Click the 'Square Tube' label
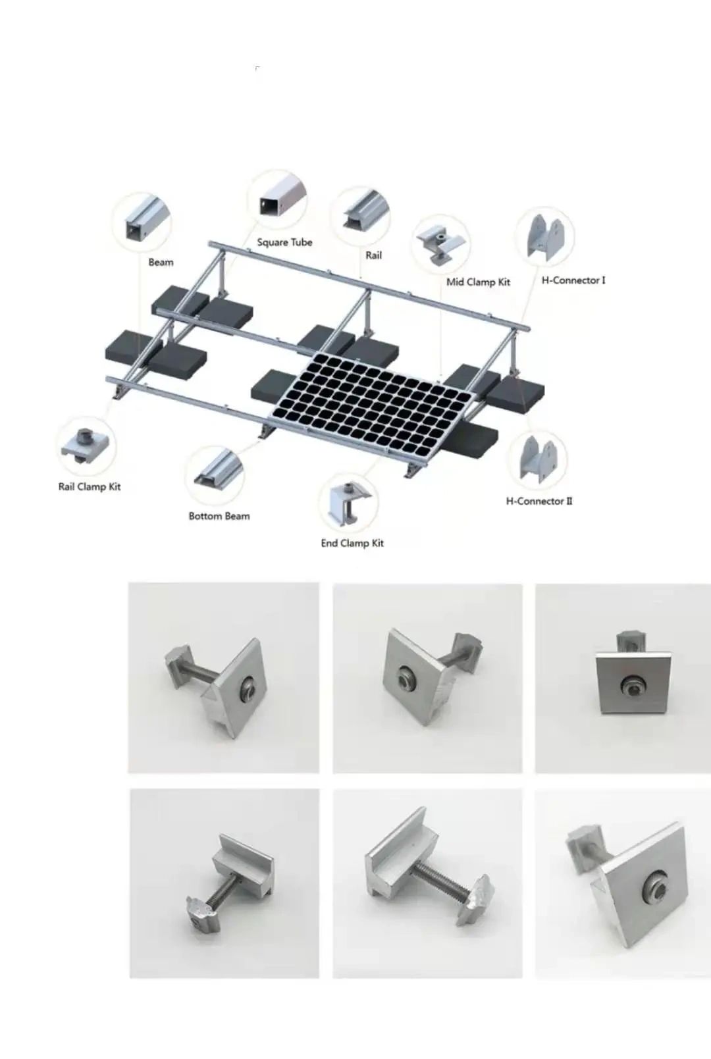(284, 242)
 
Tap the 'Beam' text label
(161, 262)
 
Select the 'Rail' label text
(373, 255)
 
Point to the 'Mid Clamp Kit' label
(478, 282)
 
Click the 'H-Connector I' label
(573, 280)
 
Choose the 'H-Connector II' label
(539, 501)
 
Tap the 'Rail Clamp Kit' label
(90, 487)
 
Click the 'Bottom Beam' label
(219, 517)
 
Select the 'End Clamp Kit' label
(352, 543)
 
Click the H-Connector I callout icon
(545, 237)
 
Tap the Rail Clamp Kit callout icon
(86, 446)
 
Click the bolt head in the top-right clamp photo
(632, 686)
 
